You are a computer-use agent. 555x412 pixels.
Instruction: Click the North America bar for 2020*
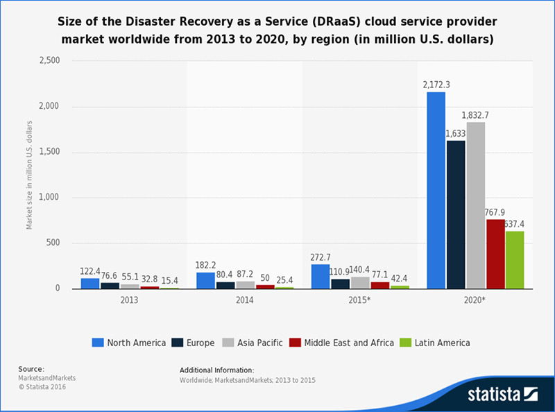(x=436, y=190)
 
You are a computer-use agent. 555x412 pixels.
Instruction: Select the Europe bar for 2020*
(x=456, y=214)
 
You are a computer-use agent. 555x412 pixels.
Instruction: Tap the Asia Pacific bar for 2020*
(x=475, y=205)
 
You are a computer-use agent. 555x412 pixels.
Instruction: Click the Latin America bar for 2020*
(x=515, y=259)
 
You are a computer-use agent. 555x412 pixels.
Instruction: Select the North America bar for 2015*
(x=321, y=276)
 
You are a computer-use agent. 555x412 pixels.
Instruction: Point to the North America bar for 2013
(x=90, y=283)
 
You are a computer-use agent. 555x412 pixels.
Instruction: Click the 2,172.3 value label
(x=436, y=85)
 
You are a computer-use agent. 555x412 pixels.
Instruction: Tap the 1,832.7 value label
(x=475, y=114)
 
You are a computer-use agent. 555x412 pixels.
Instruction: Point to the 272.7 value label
(x=321, y=257)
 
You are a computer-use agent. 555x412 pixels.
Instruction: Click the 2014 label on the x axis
(x=244, y=300)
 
